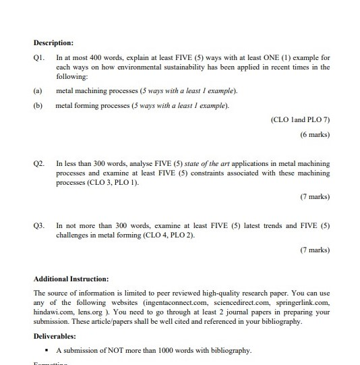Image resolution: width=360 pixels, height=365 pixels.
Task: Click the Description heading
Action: (53, 43)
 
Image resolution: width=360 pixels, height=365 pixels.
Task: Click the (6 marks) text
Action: (315, 135)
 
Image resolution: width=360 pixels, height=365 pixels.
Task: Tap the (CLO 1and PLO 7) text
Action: (299, 119)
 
